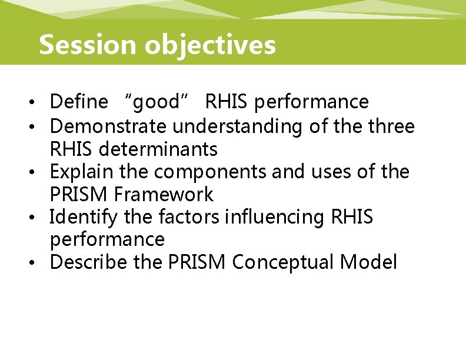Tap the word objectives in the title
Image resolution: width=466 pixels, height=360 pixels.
210,45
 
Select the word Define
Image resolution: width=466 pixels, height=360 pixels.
79,102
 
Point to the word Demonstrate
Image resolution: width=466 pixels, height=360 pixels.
109,126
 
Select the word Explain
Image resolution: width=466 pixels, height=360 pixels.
81,172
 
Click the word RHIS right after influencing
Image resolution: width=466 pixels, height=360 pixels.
351,217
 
